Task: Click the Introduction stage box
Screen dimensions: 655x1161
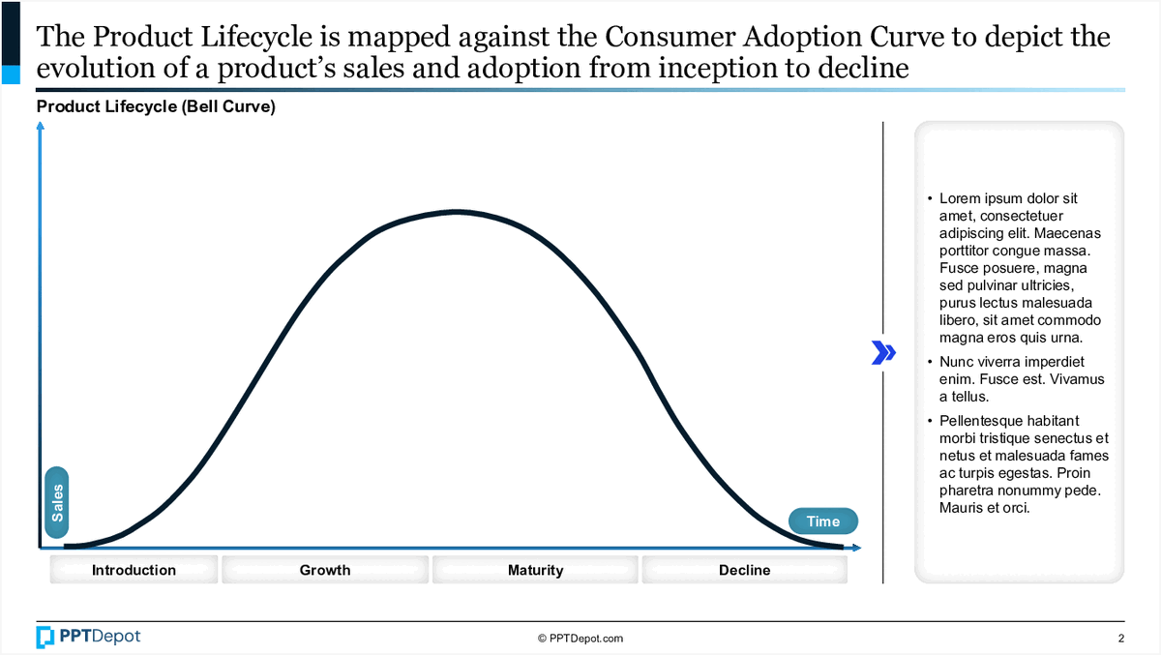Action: pyautogui.click(x=134, y=570)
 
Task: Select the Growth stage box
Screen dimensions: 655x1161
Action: pyautogui.click(x=325, y=570)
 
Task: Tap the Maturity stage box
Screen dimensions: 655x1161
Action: pyautogui.click(x=535, y=570)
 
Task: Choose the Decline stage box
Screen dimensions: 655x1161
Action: pyautogui.click(x=745, y=570)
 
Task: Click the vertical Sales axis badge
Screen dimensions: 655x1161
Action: pyautogui.click(x=57, y=502)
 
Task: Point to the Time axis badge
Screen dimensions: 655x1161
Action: pyautogui.click(x=823, y=521)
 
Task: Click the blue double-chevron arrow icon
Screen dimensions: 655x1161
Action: pyautogui.click(x=882, y=352)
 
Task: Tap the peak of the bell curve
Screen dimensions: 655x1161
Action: pyautogui.click(x=455, y=211)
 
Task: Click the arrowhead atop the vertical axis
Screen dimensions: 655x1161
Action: pyautogui.click(x=40, y=128)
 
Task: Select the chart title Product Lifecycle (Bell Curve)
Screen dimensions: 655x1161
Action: pyautogui.click(x=156, y=107)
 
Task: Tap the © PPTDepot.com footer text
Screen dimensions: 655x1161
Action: pyautogui.click(x=580, y=639)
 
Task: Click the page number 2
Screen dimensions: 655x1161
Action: pyautogui.click(x=1120, y=639)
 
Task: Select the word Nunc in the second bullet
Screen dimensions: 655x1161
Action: pyautogui.click(x=957, y=362)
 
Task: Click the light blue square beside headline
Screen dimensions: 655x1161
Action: pyautogui.click(x=11, y=74)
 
